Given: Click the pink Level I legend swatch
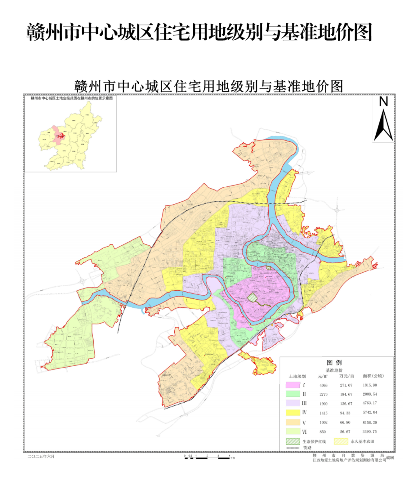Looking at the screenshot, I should point(292,385).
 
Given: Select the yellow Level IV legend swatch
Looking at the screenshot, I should point(292,413).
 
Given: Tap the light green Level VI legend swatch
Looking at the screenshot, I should point(292,431).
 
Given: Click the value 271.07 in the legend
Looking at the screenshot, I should point(346,386).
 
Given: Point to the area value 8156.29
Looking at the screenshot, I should point(369,422).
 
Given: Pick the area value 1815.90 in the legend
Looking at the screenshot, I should point(369,386).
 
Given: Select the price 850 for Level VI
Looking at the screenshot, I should point(323,432).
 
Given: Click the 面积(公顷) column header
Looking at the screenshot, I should point(373,376).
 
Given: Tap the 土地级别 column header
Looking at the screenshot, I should point(297,377).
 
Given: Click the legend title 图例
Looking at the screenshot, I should point(334,363).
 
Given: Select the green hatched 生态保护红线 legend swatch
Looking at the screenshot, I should point(293,442).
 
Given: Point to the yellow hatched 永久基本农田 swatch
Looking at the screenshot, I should point(341,442).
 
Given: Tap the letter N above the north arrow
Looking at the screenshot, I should point(383,102).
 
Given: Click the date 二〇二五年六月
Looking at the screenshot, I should point(41,456).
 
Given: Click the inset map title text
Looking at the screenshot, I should point(72,98).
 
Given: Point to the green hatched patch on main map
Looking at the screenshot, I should point(253,298).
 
